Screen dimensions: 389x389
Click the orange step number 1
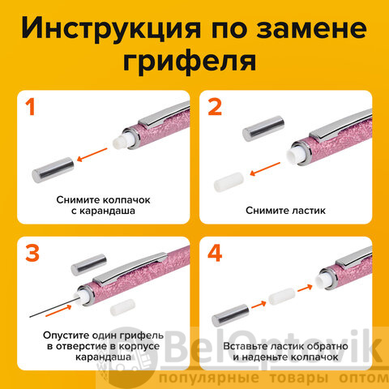(31, 107)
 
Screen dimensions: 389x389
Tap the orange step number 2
(215, 107)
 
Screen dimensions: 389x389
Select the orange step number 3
(32, 253)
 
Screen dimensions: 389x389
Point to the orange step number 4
(215, 253)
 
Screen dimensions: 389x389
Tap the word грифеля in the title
(190, 62)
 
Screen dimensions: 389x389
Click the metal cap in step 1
(53, 170)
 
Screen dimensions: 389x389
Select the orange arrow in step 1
(92, 155)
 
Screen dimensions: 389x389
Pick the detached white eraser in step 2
(229, 182)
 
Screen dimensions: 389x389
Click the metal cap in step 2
(263, 128)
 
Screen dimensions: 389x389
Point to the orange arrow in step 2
(265, 169)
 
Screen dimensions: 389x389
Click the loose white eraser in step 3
(122, 307)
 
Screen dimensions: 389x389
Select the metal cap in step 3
(89, 265)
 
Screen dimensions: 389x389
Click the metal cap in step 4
(230, 315)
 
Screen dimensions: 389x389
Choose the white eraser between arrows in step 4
(281, 297)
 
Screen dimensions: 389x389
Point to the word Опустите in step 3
(66, 336)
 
